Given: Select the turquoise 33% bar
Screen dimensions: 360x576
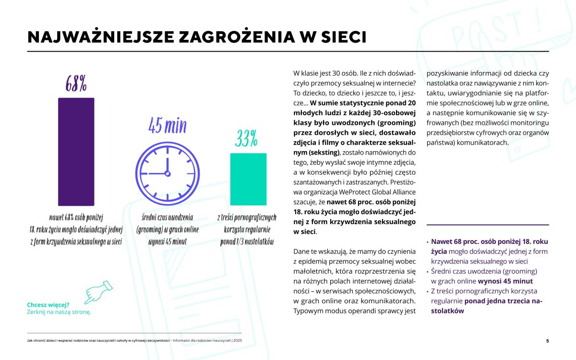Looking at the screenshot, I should point(249,178).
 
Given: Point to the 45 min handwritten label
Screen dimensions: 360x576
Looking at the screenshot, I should point(167,126).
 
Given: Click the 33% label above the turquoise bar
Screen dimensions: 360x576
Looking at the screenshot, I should point(246,139).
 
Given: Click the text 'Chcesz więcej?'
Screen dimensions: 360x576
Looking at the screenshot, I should point(48,304).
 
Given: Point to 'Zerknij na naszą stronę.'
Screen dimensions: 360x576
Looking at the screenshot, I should point(59,312).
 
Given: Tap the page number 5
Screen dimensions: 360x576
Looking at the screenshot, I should point(547,341).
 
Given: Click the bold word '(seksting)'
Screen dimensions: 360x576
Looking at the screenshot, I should point(320,152).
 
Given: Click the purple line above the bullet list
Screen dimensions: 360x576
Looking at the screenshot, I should point(488,225).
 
